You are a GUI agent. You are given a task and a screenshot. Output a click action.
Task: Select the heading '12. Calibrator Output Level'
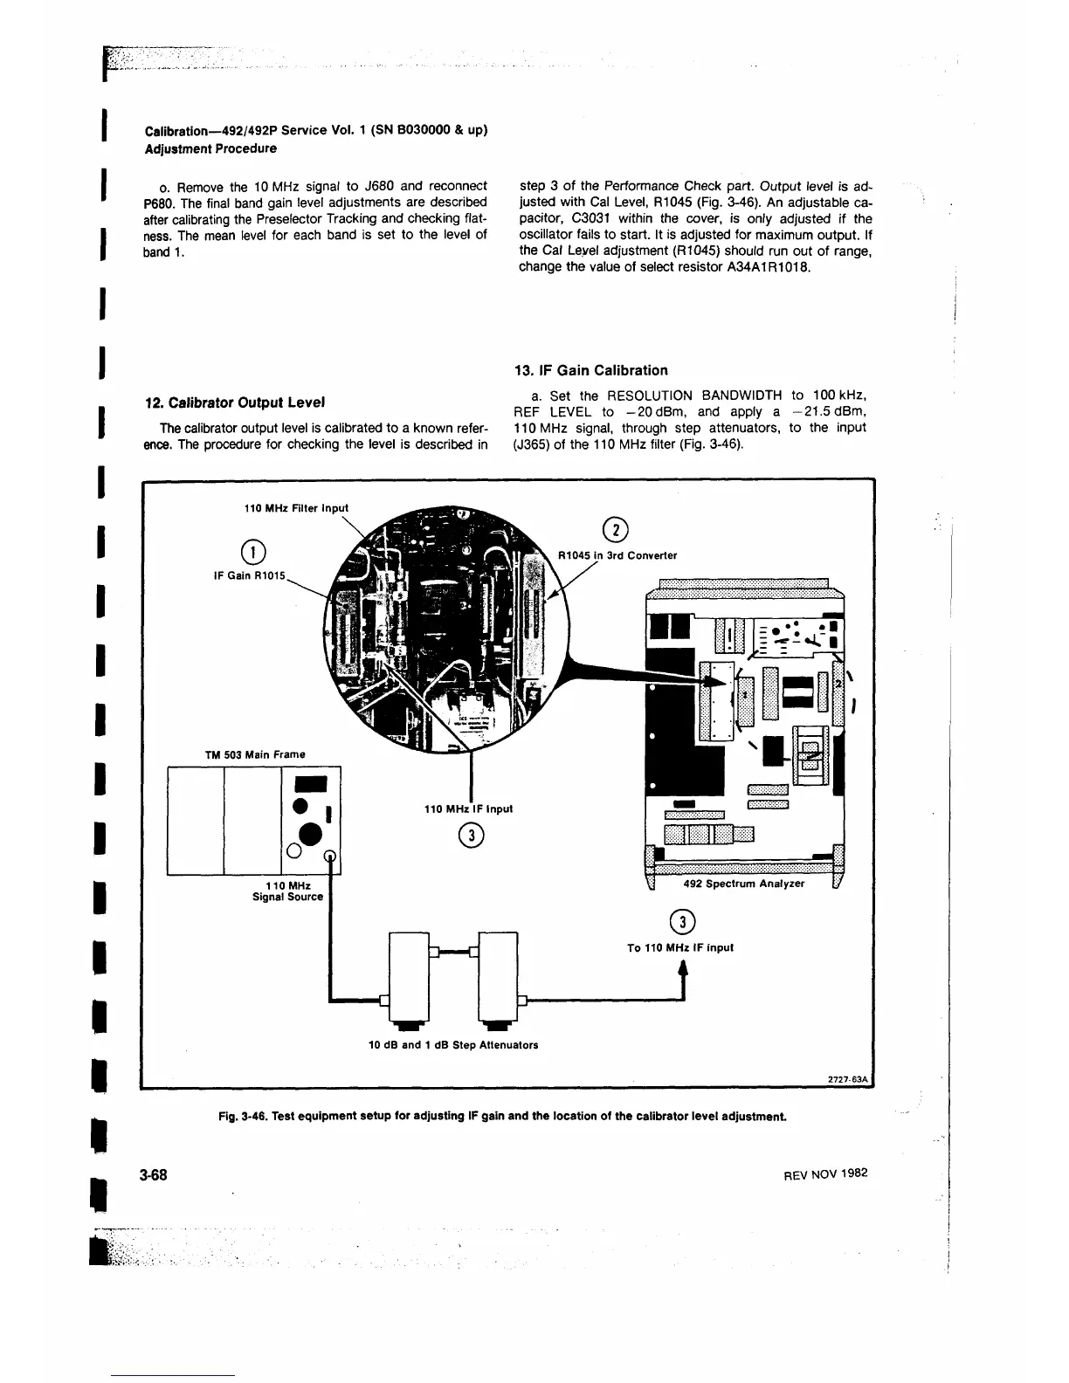click(x=235, y=403)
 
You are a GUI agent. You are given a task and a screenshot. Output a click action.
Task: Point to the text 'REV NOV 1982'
click(x=824, y=1174)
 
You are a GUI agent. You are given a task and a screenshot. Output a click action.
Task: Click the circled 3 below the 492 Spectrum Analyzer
click(x=680, y=921)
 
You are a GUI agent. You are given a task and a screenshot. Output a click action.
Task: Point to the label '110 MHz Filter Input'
click(x=295, y=508)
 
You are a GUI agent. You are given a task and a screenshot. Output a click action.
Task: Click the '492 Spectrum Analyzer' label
click(x=743, y=884)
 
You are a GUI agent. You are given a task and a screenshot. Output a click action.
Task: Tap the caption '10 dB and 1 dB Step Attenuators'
click(x=453, y=1045)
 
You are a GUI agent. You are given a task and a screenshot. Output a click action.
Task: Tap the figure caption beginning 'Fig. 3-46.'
click(x=515, y=1116)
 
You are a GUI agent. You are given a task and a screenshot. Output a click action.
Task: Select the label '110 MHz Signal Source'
click(x=287, y=891)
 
